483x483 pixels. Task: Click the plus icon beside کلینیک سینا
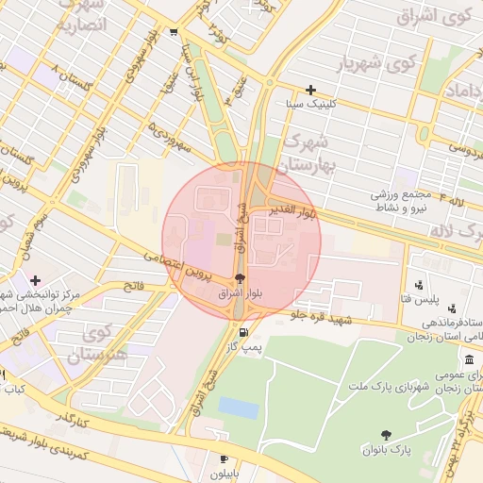click(x=310, y=90)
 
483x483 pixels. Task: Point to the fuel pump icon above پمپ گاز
click(x=244, y=332)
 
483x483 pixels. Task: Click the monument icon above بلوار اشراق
click(x=239, y=278)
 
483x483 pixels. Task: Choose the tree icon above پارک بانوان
click(x=386, y=434)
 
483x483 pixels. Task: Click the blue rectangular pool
click(x=238, y=408)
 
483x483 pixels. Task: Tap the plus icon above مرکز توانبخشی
click(x=35, y=280)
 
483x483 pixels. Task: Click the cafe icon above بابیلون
click(x=224, y=433)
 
